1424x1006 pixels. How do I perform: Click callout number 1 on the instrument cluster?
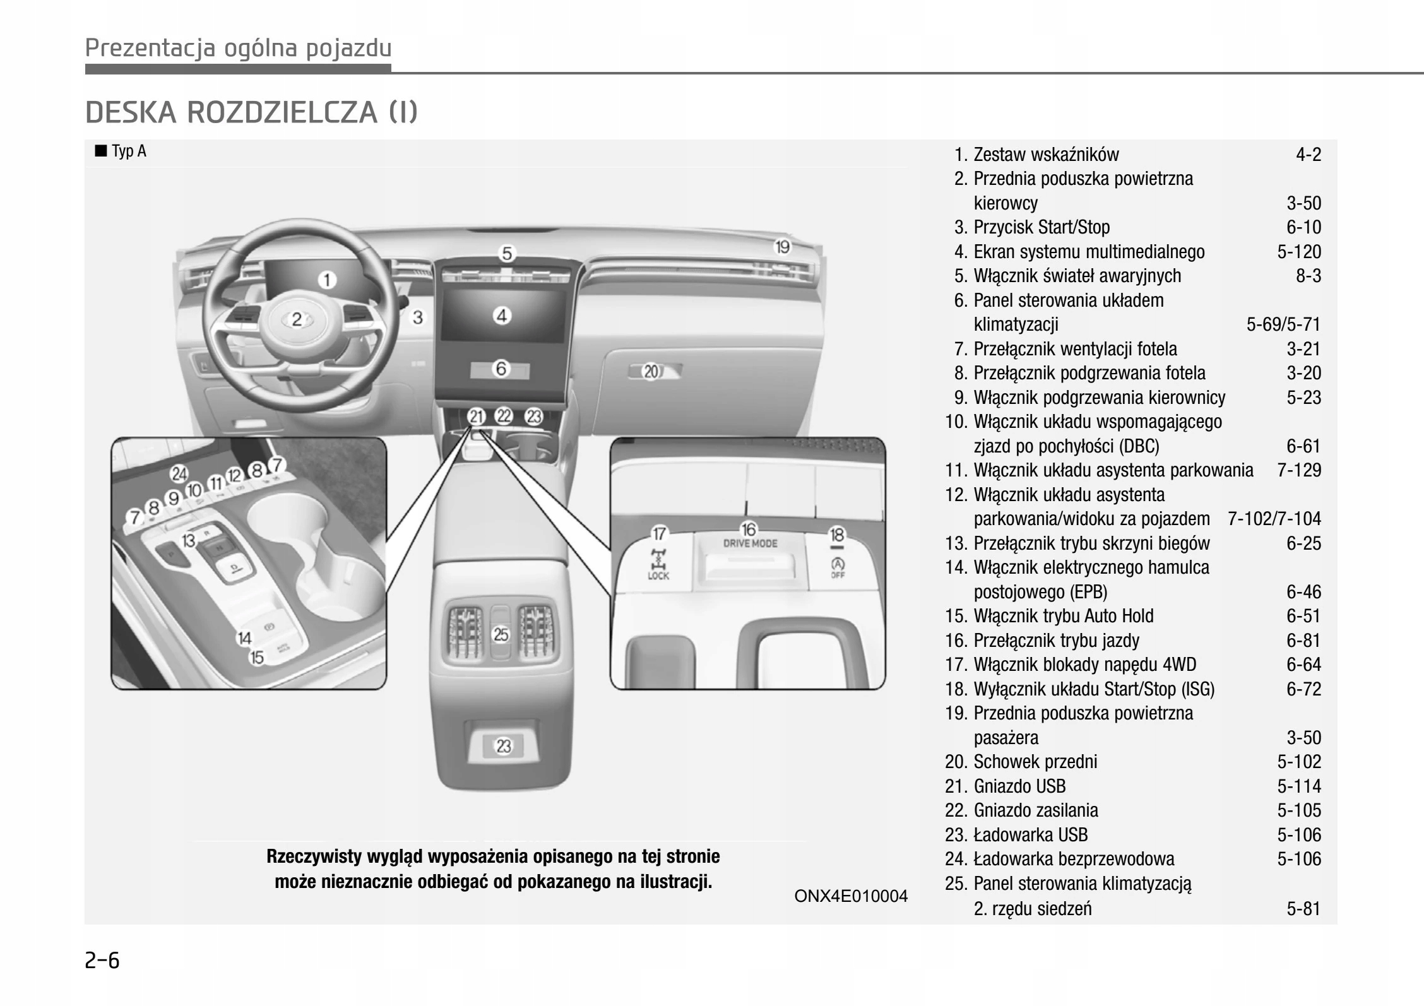click(326, 280)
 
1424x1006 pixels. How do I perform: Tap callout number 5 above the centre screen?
click(507, 254)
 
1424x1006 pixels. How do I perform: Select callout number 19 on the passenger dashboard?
click(782, 247)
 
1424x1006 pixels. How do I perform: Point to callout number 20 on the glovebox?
click(651, 372)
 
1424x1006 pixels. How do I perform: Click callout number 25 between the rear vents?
click(501, 634)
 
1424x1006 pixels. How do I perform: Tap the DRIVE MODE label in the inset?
click(750, 543)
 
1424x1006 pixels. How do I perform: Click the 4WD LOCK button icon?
click(658, 564)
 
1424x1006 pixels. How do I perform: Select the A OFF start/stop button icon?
click(837, 566)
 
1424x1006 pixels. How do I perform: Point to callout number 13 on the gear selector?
click(189, 540)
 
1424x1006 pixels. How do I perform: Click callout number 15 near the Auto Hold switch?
click(257, 658)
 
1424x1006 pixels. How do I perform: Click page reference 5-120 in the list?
click(1298, 252)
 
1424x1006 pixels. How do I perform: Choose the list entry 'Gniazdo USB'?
click(1019, 786)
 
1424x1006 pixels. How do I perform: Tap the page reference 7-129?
click(1298, 470)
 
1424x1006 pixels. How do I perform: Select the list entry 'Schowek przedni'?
click(1035, 762)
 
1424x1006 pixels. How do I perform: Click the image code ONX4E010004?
click(850, 896)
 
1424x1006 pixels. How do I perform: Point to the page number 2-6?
click(102, 960)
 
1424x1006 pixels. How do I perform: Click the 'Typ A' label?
click(128, 151)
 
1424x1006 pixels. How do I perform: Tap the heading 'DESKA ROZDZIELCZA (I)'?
click(251, 112)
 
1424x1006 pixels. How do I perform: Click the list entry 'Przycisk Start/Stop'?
click(1041, 227)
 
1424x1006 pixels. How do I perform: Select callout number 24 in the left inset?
click(179, 474)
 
